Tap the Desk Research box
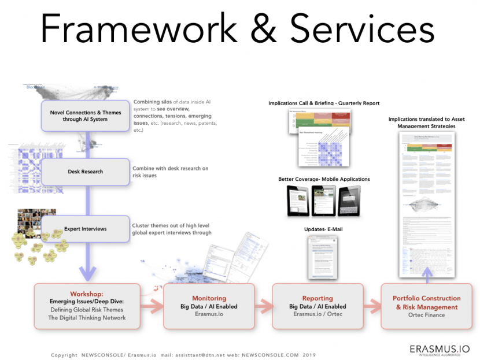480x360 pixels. pos(86,172)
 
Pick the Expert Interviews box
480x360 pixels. pos(86,229)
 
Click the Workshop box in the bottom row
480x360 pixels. pos(87,306)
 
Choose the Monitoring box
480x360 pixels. pos(209,306)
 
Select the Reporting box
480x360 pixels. pos(317,306)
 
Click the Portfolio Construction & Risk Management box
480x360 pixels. pos(427,306)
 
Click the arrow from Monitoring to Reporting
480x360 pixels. pos(263,306)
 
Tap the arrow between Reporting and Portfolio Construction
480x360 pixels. pos(372,306)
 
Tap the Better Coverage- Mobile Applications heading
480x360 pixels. pos(324,179)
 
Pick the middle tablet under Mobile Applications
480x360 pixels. pos(323,201)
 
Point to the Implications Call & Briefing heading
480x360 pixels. pos(324,103)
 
